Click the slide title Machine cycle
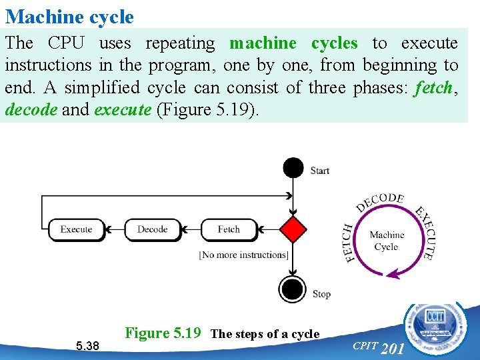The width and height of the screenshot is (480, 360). tap(69, 16)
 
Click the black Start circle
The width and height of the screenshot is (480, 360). tap(293, 168)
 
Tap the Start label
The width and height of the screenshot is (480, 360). tap(320, 171)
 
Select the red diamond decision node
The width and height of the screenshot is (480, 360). tap(293, 229)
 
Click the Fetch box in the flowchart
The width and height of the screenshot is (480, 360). tap(229, 229)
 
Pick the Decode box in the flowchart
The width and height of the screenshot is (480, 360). tap(153, 229)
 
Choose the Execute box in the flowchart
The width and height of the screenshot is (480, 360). tap(76, 229)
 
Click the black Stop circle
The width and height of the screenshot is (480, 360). tap(293, 289)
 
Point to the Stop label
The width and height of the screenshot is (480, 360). tap(321, 293)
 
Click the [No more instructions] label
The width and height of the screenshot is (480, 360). tap(244, 255)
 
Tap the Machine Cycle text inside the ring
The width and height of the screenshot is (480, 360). tap(387, 241)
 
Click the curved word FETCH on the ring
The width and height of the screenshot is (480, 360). tap(349, 243)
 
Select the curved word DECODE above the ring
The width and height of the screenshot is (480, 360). tap(380, 202)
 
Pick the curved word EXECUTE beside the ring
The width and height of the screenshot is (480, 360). tap(425, 232)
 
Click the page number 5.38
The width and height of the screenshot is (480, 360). tap(87, 346)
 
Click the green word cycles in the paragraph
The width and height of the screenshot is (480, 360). tap(335, 43)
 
